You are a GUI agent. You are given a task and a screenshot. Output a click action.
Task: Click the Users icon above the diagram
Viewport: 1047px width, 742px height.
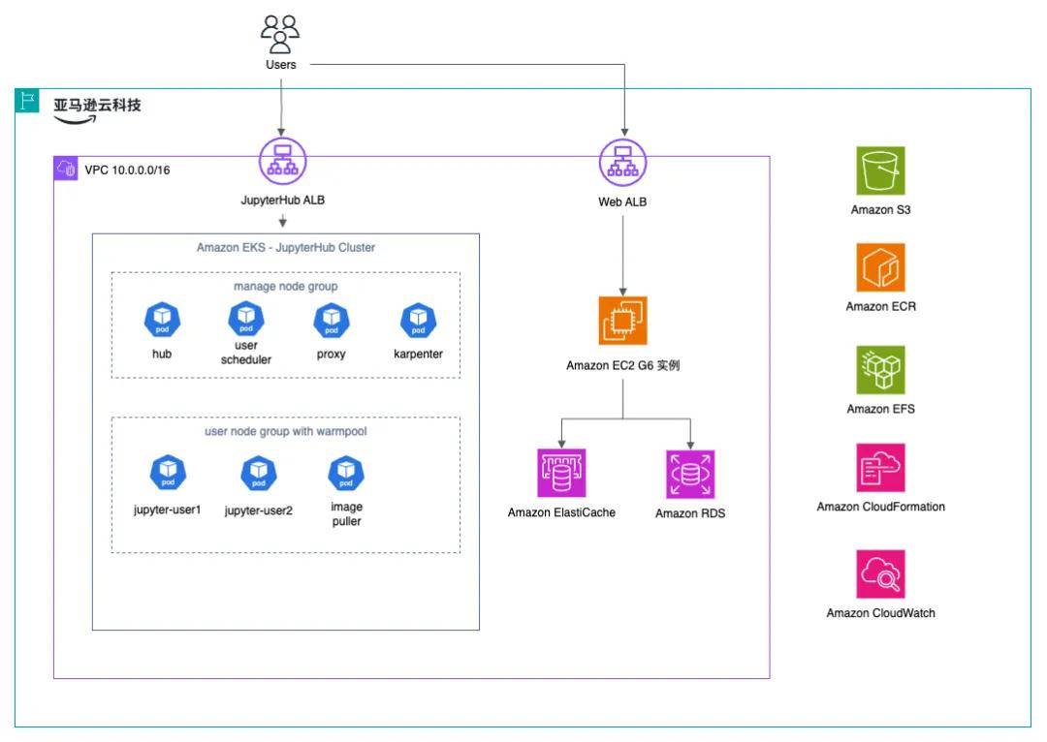(280, 35)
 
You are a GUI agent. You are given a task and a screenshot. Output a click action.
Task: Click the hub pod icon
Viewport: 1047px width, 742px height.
(161, 320)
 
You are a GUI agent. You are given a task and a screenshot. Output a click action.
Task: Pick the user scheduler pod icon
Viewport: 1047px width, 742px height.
(246, 317)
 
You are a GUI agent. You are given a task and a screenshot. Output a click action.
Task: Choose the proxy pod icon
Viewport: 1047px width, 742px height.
(331, 320)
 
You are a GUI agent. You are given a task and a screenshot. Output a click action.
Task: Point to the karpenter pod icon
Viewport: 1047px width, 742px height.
(419, 320)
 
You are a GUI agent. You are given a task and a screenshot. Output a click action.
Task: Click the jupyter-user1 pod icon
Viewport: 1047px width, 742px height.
(167, 473)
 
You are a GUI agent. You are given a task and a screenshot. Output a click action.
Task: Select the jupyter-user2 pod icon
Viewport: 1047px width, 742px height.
(258, 473)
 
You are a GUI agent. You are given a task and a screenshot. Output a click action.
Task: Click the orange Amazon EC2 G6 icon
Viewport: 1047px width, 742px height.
(622, 321)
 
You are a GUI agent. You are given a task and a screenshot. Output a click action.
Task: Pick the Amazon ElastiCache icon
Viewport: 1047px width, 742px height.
(562, 474)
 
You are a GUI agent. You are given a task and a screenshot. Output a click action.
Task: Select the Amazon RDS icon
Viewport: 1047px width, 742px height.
(690, 474)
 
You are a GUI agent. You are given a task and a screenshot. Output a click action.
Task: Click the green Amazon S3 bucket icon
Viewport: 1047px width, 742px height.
(880, 171)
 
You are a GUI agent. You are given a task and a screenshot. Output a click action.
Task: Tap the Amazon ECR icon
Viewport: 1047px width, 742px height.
(880, 268)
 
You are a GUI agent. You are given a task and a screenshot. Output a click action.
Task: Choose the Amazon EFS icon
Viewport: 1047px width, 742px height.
(880, 370)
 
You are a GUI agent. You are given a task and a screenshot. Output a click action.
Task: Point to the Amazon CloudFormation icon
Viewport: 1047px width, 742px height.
(880, 468)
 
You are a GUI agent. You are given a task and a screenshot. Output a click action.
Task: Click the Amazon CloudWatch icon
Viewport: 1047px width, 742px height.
(880, 573)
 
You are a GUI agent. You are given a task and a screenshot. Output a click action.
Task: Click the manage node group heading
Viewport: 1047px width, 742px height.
(285, 287)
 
